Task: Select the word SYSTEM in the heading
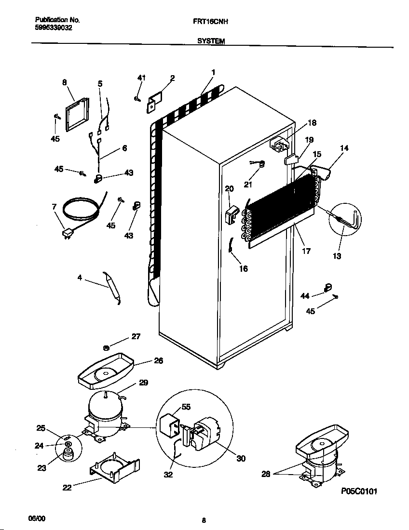[211, 42]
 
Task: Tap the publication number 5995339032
[54, 28]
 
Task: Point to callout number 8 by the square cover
[65, 82]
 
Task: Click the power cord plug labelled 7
[67, 234]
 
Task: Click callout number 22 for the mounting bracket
[67, 488]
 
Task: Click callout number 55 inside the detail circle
[186, 407]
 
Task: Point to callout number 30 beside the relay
[241, 458]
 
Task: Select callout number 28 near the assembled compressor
[265, 475]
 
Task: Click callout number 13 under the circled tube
[337, 256]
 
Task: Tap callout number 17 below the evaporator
[306, 251]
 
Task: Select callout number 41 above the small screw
[141, 78]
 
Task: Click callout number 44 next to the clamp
[305, 296]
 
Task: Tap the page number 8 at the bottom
[204, 520]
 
